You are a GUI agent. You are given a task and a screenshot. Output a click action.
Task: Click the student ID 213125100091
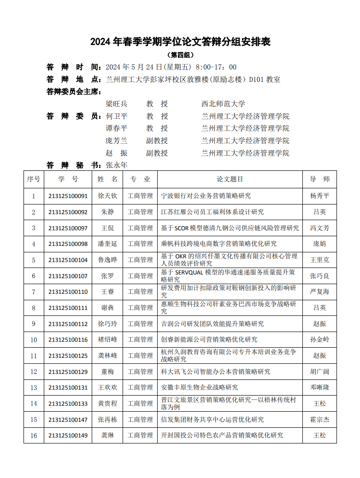tap(68, 196)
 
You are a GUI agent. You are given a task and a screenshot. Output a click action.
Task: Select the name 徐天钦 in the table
tap(107, 196)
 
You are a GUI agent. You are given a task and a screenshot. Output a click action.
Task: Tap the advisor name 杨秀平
tap(319, 196)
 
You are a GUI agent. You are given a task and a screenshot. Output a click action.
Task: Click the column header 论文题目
tap(230, 179)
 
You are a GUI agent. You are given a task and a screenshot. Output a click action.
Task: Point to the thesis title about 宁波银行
tap(206, 196)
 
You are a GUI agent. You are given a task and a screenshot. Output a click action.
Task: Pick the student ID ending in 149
tap(68, 436)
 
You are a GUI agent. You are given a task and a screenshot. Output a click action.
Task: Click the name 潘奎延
tap(107, 244)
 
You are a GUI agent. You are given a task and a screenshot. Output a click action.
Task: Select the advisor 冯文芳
tap(319, 228)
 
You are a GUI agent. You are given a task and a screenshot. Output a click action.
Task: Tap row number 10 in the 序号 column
tap(34, 340)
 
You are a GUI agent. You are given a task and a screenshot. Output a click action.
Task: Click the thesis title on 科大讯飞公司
tap(215, 372)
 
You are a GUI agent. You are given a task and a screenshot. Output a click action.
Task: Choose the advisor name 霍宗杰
tap(319, 420)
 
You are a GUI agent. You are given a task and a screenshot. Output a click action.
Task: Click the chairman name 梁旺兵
tap(116, 104)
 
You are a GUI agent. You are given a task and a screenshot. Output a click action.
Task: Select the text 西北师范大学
tap(223, 104)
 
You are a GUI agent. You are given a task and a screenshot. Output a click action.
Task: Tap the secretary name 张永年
tap(116, 165)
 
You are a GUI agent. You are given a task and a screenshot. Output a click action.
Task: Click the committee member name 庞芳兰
tap(116, 140)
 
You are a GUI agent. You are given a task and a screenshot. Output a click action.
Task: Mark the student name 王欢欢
tap(107, 388)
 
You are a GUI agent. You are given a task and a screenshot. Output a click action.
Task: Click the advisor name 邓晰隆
tap(319, 388)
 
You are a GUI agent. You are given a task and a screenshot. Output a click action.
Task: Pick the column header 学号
tap(68, 179)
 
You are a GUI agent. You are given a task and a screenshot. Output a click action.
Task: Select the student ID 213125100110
tap(68, 292)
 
